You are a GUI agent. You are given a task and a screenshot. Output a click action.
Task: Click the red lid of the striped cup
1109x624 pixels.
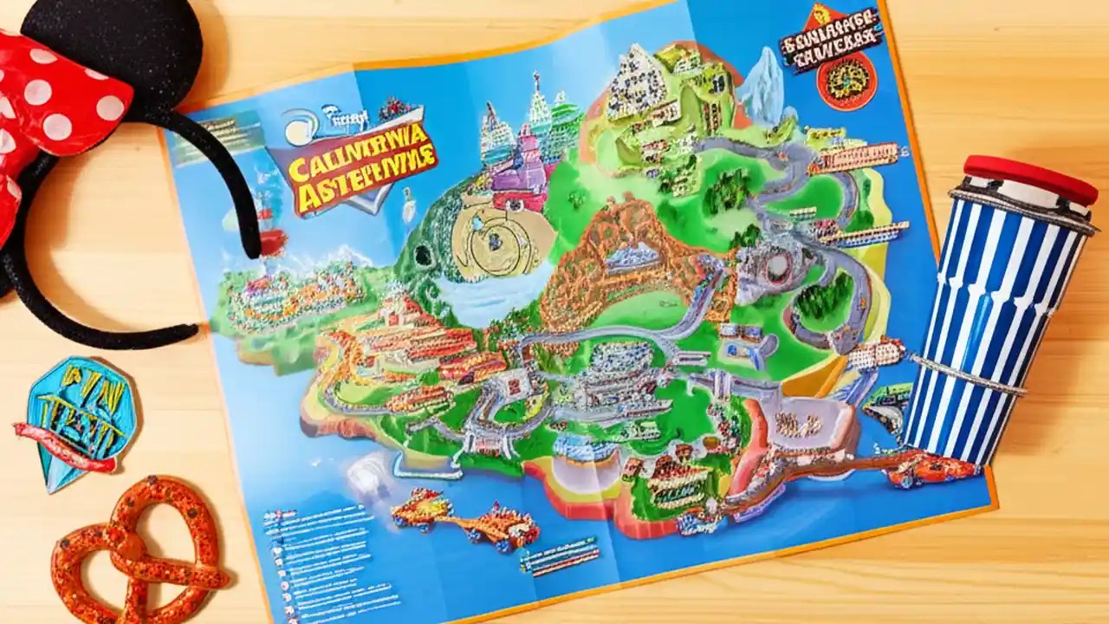[1030, 179]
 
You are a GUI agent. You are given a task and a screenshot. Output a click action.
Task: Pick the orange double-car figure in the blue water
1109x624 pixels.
[464, 520]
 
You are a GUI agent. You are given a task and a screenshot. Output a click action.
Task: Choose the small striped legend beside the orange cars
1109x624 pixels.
[559, 555]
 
